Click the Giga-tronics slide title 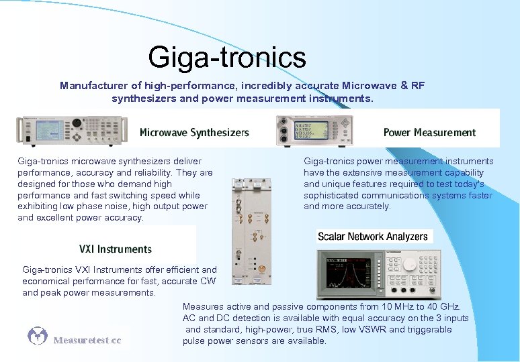coord(227,57)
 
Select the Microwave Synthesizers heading coord(194,133)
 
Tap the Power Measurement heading coord(429,133)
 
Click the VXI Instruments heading coord(116,249)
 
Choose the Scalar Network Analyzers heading coord(372,237)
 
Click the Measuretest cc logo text coord(87,341)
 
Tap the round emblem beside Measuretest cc coord(38,336)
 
